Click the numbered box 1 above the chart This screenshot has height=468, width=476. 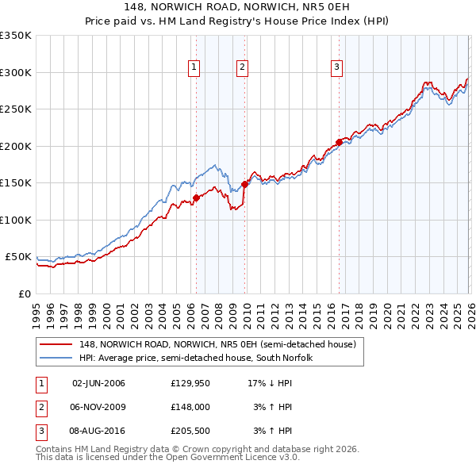click(194, 67)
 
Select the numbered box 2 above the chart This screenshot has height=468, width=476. click(242, 67)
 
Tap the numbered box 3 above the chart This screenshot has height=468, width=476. click(336, 67)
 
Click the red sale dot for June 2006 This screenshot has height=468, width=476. click(196, 198)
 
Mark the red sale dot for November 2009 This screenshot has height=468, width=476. click(244, 185)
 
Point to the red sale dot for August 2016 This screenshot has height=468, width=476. click(339, 142)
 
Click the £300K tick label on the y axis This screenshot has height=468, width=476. click(16, 72)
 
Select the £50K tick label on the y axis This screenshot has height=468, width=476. click(18, 257)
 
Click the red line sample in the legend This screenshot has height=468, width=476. click(56, 344)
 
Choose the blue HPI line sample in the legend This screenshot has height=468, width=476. click(56, 358)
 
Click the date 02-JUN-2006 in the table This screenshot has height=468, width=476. click(98, 383)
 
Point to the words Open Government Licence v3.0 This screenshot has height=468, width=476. click(230, 458)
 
